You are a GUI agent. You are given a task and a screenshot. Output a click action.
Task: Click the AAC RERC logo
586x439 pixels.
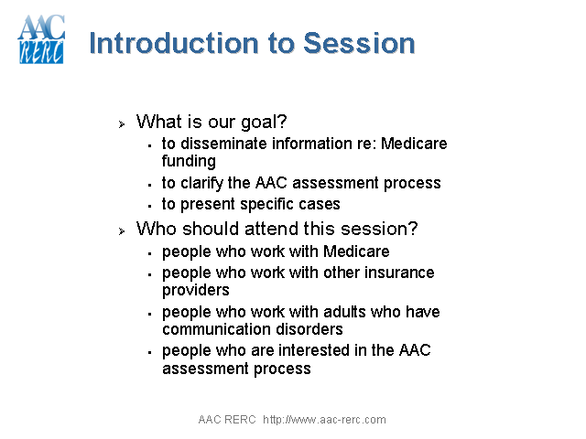(41, 39)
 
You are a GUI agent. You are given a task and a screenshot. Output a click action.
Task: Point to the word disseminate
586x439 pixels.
(227, 144)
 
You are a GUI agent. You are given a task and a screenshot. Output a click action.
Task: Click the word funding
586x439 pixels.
(189, 161)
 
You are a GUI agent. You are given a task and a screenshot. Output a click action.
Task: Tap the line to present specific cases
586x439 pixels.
(251, 204)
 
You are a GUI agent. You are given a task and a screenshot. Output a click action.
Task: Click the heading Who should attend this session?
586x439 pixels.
(277, 228)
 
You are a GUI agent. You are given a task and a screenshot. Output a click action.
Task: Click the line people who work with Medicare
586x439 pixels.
(276, 252)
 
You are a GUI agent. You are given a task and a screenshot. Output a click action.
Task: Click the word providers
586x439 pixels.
(195, 290)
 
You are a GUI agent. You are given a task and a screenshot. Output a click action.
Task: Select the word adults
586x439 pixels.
(338, 312)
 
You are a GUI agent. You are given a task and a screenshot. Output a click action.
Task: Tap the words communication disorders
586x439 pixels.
(253, 329)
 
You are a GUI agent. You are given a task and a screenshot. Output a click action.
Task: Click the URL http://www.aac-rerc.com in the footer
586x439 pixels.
(324, 420)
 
